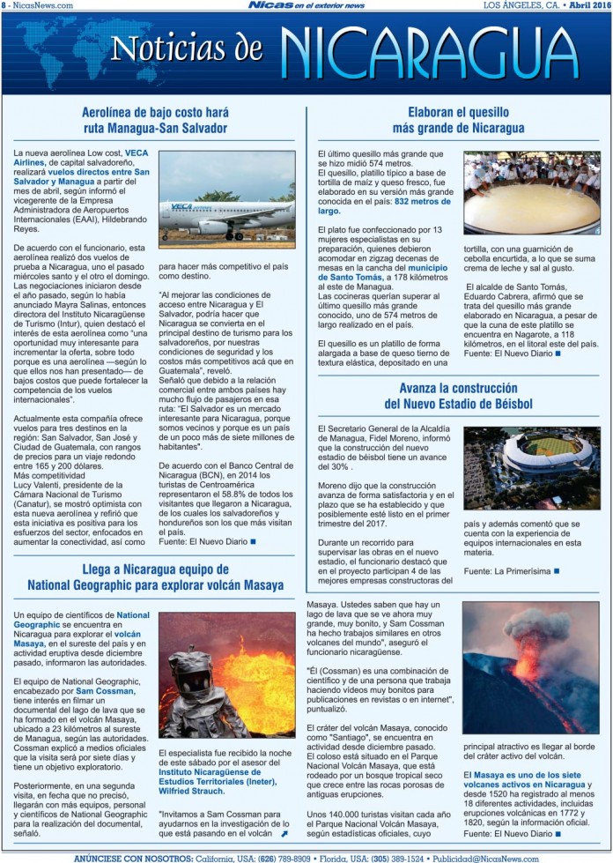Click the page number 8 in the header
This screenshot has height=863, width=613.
(4, 5)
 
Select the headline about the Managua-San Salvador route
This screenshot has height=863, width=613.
(155, 120)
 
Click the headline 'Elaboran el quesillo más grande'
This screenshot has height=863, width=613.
(458, 120)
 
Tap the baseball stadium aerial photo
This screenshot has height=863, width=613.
(532, 467)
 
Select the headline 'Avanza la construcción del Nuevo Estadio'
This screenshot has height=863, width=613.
(458, 396)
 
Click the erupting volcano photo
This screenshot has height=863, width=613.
(532, 672)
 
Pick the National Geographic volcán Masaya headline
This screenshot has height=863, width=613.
(155, 577)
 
